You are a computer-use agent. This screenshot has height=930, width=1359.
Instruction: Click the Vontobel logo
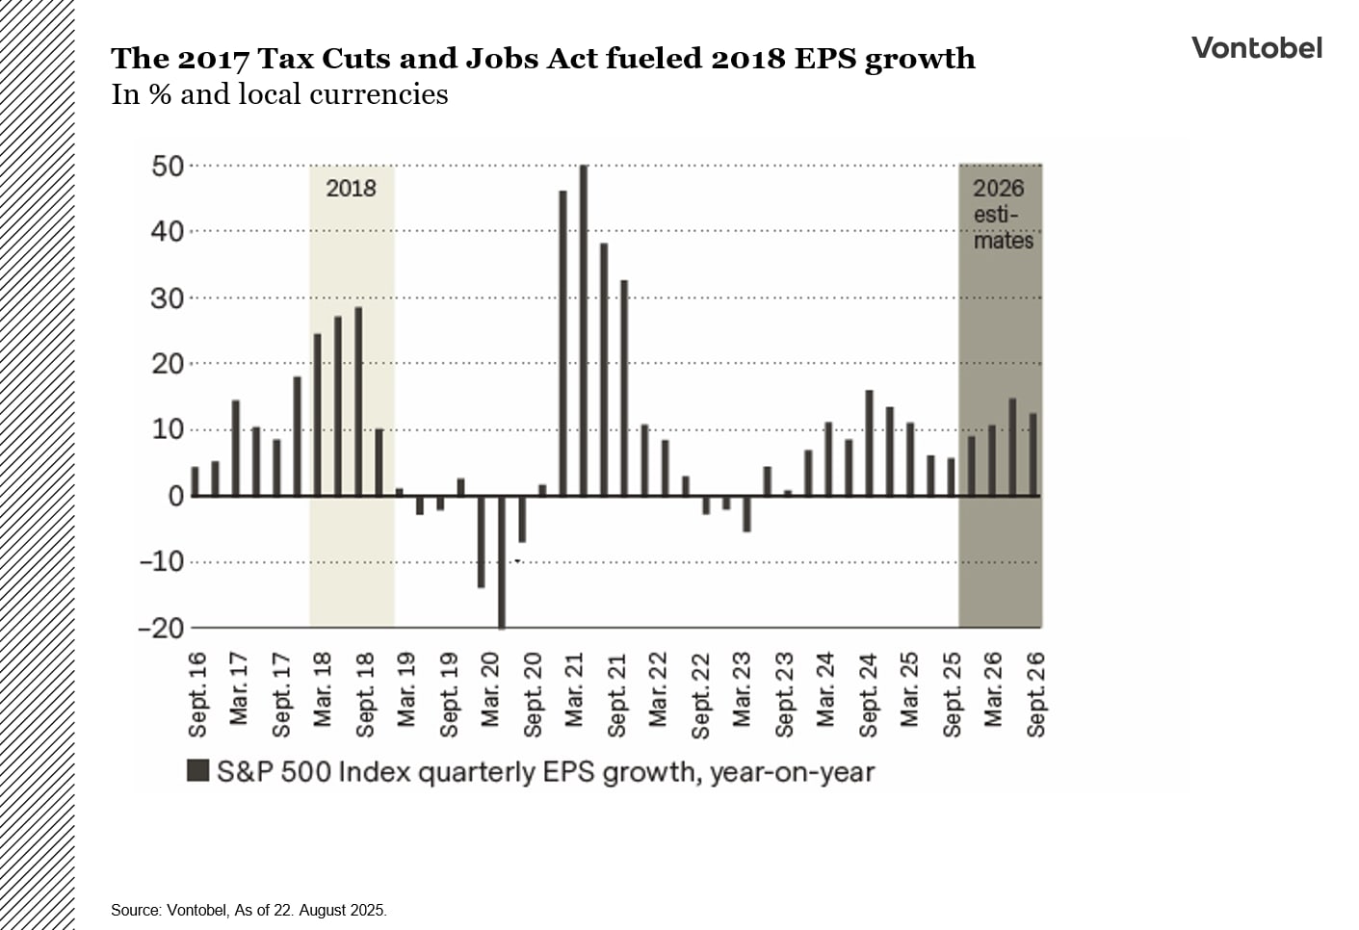point(1256,48)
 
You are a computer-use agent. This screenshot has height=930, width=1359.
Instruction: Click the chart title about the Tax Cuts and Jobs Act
point(542,59)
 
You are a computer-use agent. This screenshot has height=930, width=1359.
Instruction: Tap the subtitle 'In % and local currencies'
point(279,94)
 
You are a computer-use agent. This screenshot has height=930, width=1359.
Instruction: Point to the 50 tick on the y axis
point(167,167)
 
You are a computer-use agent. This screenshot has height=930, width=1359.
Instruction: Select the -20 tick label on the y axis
point(161,628)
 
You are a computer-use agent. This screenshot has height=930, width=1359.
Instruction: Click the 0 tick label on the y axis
point(175,497)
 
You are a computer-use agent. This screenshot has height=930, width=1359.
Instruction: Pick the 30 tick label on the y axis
point(167,298)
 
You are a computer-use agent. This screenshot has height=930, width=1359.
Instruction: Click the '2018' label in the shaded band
point(351,188)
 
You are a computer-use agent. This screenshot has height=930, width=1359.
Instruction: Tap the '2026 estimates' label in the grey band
point(1001,214)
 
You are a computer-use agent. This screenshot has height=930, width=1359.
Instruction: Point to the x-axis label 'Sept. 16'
point(198,694)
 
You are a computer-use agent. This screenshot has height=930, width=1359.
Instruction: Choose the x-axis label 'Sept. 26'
point(1036,694)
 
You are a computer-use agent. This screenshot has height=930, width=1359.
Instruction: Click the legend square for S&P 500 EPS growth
point(197,771)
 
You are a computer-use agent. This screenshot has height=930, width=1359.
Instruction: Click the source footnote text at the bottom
point(248,910)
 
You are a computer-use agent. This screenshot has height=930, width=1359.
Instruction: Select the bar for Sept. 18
point(358,401)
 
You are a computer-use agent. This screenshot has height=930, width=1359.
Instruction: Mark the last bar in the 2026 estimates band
point(1033,454)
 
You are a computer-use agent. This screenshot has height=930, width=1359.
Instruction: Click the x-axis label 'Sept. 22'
point(701,694)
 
